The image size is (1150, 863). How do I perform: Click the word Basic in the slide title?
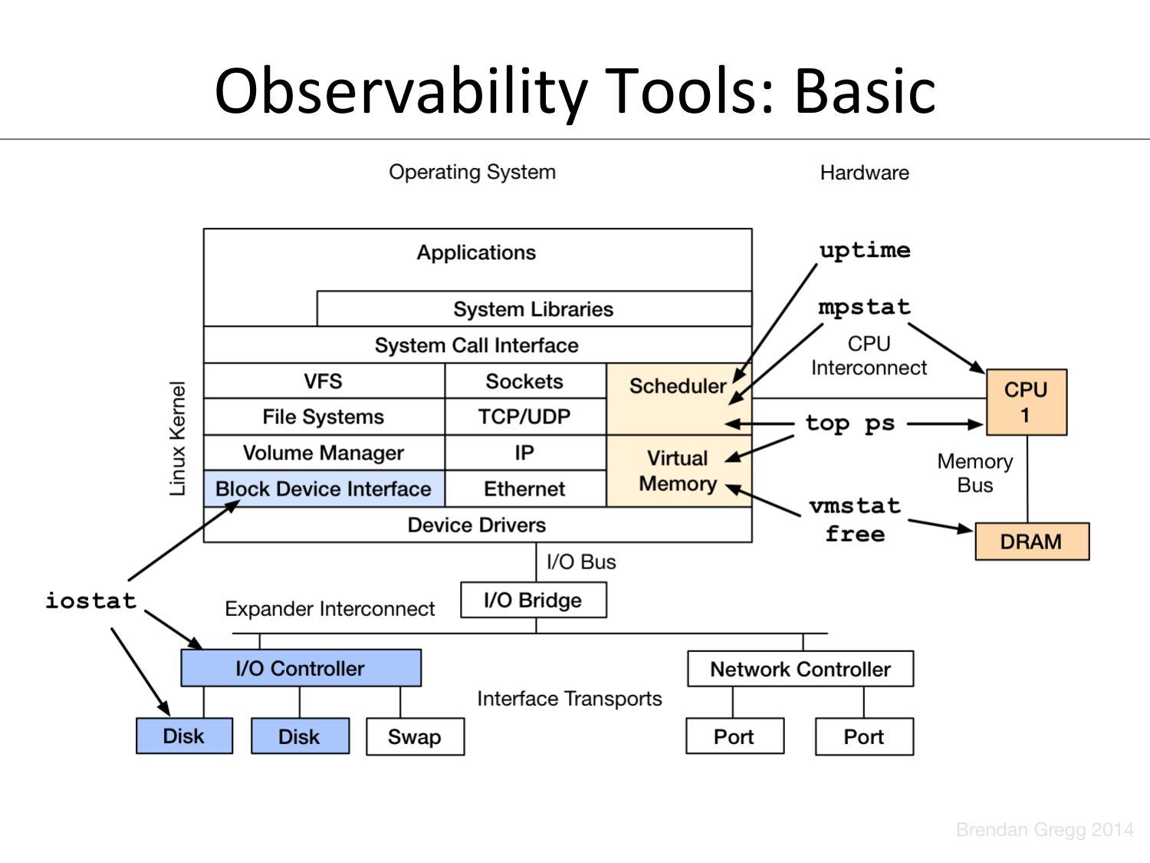point(864,91)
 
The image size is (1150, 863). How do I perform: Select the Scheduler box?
point(678,386)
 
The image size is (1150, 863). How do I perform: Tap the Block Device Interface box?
point(324,489)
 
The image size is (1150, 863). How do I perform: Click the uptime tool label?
point(865,250)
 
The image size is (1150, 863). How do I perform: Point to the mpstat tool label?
point(864,307)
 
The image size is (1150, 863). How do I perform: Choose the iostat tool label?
point(90,600)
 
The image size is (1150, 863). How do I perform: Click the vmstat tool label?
point(854,506)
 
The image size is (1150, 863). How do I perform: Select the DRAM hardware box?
point(1031,542)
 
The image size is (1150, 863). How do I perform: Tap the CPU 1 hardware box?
point(1026,402)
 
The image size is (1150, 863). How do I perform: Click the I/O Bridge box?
point(533,600)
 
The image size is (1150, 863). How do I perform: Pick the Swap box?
point(415,736)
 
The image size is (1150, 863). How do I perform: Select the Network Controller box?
point(800,669)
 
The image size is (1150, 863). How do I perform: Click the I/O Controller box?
point(301,668)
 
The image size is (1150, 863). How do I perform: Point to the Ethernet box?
point(524,489)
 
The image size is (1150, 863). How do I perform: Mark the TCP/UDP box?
point(524,417)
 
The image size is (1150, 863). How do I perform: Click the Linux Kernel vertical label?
point(178,439)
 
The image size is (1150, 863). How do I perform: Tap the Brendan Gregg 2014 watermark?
point(1044,829)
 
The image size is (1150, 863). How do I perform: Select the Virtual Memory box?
point(678,471)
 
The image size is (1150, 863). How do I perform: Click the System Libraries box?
point(534,309)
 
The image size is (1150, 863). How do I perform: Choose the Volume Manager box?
point(324,453)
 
